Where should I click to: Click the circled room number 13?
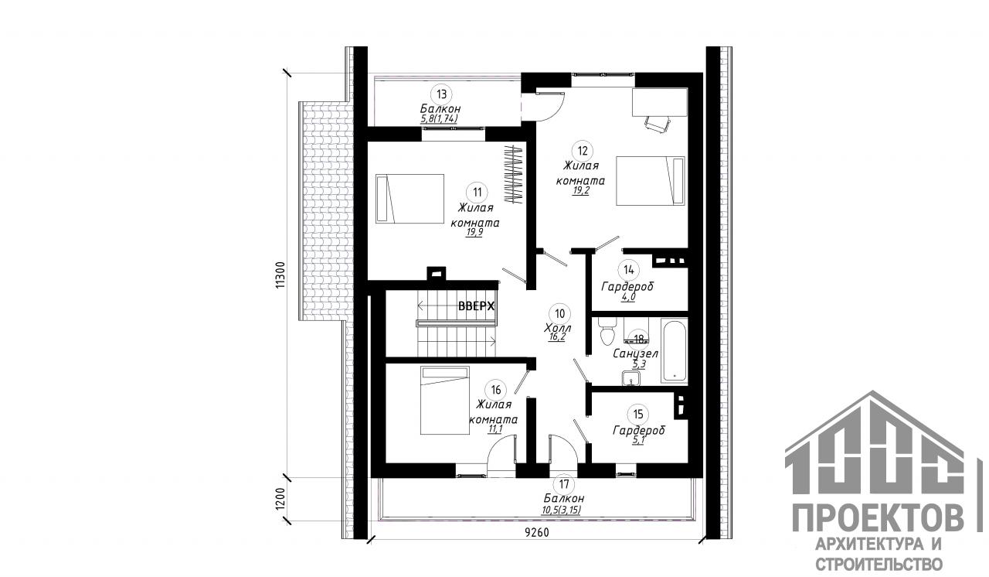click(x=441, y=94)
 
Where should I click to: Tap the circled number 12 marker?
click(x=583, y=151)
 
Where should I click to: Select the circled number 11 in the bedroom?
click(x=477, y=192)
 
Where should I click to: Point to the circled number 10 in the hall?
click(x=559, y=314)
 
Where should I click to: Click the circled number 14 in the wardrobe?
click(x=628, y=269)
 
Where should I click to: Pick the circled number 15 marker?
click(x=638, y=414)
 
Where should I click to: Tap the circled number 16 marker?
click(x=495, y=390)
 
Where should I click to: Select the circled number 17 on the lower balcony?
click(x=564, y=484)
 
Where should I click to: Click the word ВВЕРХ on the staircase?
click(x=477, y=306)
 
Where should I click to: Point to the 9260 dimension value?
click(x=537, y=533)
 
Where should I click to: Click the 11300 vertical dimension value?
click(x=280, y=275)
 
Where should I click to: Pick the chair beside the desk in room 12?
click(x=658, y=123)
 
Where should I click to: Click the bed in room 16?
click(x=444, y=401)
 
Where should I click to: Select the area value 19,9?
click(x=474, y=233)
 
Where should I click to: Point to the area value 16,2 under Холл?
click(x=557, y=337)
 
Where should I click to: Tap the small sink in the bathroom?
click(x=631, y=377)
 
